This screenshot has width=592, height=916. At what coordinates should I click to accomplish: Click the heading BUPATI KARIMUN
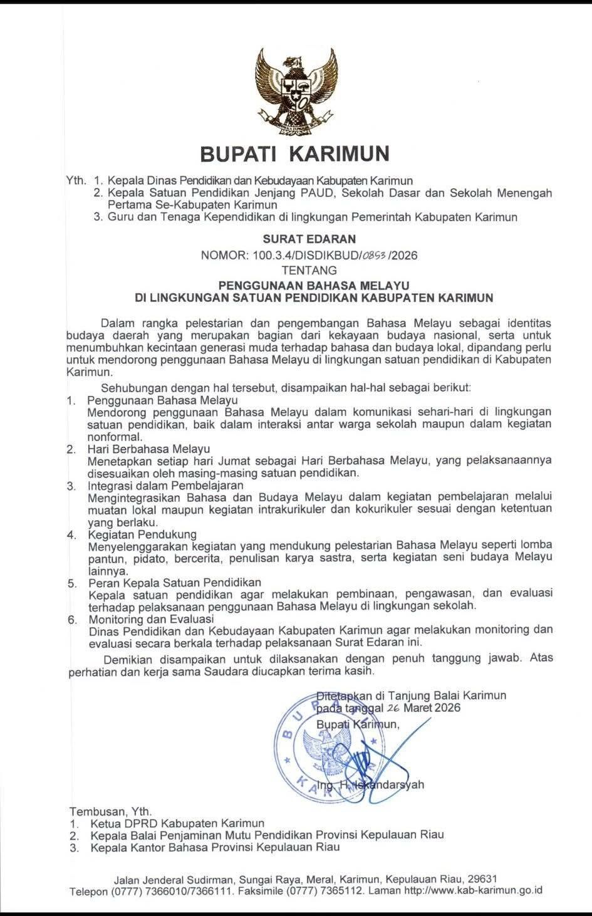(294, 153)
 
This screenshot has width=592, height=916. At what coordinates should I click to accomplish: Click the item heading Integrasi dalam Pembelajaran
(165, 486)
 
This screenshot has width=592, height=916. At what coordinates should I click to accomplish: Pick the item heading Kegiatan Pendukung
(142, 534)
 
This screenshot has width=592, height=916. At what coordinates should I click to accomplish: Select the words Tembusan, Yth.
(110, 810)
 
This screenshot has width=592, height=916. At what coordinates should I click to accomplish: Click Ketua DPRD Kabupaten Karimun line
(177, 823)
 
